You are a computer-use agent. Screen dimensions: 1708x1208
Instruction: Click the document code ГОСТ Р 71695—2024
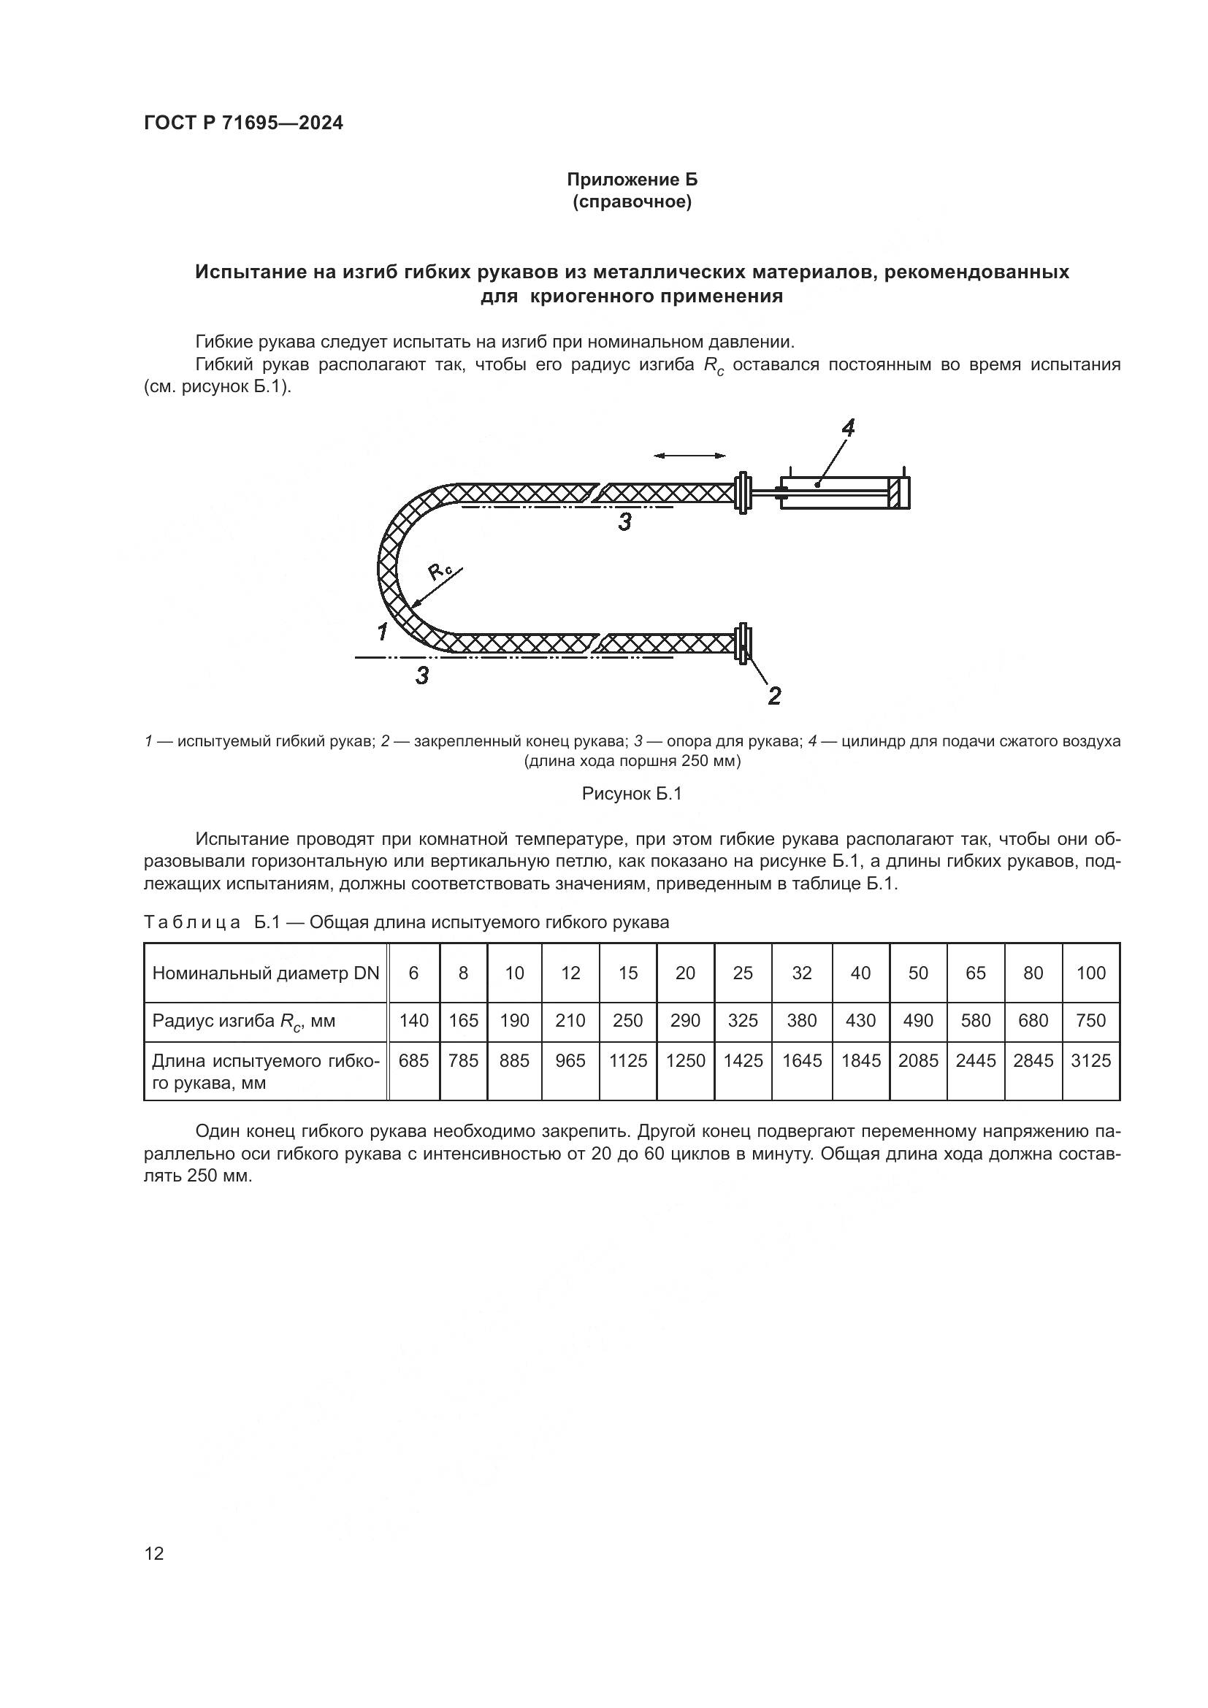[x=243, y=123]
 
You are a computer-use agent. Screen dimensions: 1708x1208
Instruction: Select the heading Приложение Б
[x=632, y=180]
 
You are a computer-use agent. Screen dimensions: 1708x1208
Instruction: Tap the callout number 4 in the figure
[x=847, y=428]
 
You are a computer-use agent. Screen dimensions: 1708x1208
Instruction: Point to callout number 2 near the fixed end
[x=773, y=697]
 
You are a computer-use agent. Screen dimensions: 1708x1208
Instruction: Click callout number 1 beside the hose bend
[x=382, y=632]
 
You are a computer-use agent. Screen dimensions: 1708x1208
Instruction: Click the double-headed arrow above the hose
[x=689, y=455]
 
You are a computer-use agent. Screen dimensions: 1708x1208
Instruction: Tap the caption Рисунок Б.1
[x=632, y=794]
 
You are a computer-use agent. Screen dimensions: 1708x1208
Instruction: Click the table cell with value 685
[x=413, y=1060]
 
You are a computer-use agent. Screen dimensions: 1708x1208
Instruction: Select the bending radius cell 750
[x=1090, y=1021]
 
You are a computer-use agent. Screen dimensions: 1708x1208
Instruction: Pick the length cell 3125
[x=1090, y=1060]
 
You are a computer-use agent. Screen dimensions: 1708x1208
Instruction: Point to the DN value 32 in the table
[x=802, y=973]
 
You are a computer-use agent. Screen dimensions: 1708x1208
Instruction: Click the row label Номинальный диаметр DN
[x=266, y=973]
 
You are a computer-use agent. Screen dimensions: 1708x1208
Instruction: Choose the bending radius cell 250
[x=628, y=1021]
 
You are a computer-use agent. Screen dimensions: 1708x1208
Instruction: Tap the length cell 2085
[x=918, y=1060]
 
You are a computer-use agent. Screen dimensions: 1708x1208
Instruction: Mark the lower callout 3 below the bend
[x=421, y=675]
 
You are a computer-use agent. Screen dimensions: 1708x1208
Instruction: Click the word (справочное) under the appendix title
[x=632, y=202]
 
